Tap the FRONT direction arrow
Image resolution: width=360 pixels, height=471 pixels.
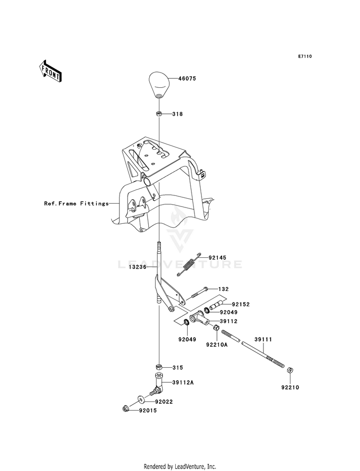point(50,71)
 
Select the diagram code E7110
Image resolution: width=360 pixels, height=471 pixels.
point(305,56)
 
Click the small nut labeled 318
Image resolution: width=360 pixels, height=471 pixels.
point(159,114)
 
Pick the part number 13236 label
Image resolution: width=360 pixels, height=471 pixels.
point(137,266)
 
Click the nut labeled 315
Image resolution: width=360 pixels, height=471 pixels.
point(159,367)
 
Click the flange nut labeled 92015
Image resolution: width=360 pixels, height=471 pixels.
point(125,409)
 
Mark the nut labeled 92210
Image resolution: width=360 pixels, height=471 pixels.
point(290,370)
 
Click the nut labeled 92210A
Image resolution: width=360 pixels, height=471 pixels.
point(216,328)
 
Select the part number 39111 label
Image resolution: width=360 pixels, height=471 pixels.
point(264,339)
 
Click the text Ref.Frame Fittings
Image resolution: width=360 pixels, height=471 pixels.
point(77,204)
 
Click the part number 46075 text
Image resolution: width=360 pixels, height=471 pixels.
point(187,78)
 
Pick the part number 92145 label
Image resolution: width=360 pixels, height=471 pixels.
point(217,258)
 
